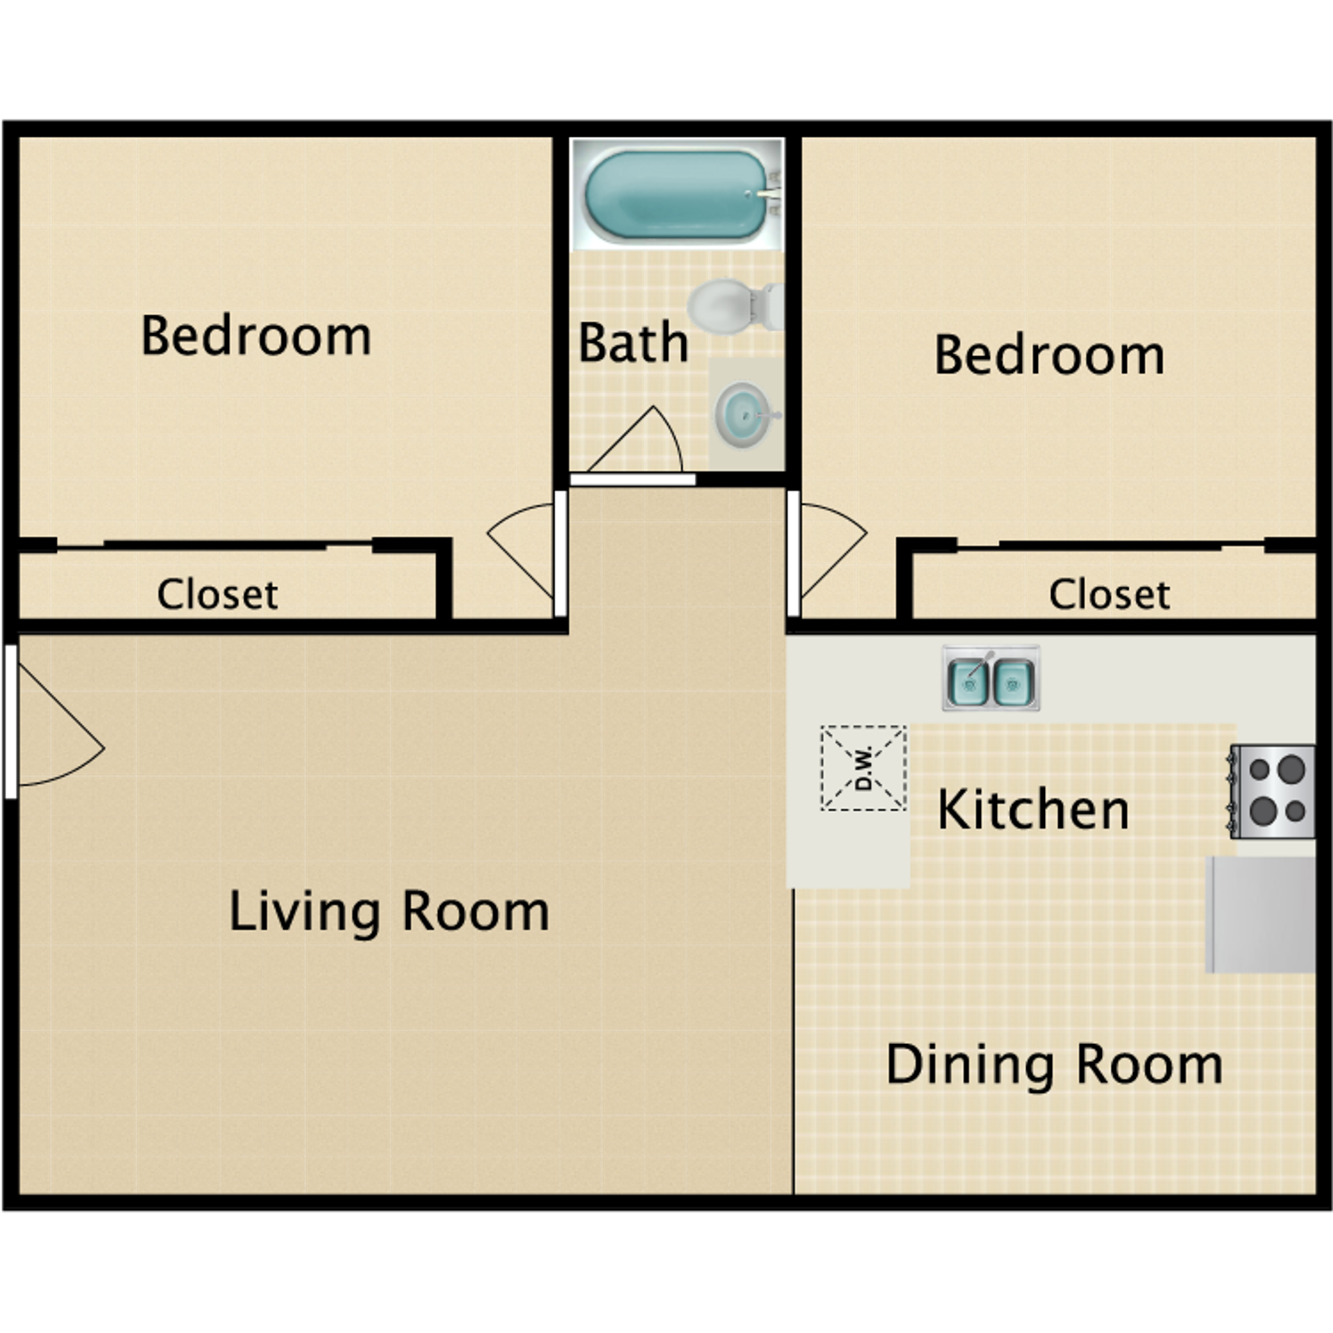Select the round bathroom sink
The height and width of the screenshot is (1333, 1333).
[x=744, y=415]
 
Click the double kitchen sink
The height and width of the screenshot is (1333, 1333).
[x=991, y=678]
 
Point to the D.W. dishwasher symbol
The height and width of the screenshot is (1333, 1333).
[x=863, y=768]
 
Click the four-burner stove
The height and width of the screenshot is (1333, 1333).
[x=1273, y=791]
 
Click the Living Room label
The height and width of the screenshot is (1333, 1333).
[x=389, y=912]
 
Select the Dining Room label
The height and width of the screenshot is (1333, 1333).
[x=1054, y=1064]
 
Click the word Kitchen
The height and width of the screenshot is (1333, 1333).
[x=1033, y=810]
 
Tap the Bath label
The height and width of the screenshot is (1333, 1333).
[x=632, y=343]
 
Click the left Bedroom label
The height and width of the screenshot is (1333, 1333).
[x=255, y=337]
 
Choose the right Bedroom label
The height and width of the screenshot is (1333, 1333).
[x=1049, y=355]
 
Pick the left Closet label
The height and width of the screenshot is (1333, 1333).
[x=217, y=594]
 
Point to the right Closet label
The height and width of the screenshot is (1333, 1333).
[x=1109, y=594]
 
